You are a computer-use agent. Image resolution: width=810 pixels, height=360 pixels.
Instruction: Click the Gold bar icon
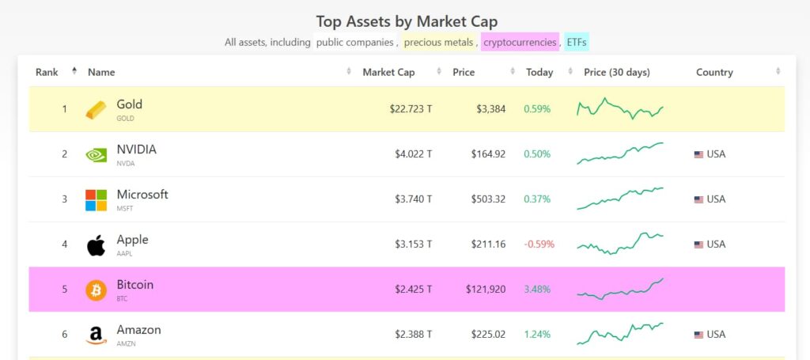coord(96,109)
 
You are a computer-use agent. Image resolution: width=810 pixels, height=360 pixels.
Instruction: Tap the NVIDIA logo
coord(96,154)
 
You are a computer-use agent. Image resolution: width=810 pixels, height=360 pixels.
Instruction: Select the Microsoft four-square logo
coord(96,199)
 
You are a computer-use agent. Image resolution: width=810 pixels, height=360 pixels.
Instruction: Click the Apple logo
coord(96,244)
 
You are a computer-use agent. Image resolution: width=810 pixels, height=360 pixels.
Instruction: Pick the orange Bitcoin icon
coord(96,290)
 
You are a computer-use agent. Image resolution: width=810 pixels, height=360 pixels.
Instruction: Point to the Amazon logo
coord(96,335)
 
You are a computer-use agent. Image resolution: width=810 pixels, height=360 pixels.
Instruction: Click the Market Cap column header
coord(388,72)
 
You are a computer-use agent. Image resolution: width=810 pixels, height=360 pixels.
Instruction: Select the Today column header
coord(539,72)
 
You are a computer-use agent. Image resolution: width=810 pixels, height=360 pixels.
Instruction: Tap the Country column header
coord(714,72)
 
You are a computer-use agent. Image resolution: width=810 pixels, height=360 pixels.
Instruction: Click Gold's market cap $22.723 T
coord(411,109)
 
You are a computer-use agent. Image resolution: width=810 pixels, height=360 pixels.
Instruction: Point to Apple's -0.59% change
coord(539,244)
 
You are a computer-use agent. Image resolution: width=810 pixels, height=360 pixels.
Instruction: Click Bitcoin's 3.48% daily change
coord(537,290)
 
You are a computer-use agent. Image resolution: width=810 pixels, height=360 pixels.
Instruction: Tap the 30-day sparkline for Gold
coord(620,109)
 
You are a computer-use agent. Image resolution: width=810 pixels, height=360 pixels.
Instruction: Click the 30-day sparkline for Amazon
coord(620,332)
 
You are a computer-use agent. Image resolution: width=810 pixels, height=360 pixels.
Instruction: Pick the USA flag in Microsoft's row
coord(698,199)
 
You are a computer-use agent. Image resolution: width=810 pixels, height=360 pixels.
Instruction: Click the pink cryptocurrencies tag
coord(520,42)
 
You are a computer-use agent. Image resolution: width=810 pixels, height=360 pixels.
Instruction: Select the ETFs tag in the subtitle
coord(577,42)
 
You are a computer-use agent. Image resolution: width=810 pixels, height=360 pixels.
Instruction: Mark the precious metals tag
coord(439,42)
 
